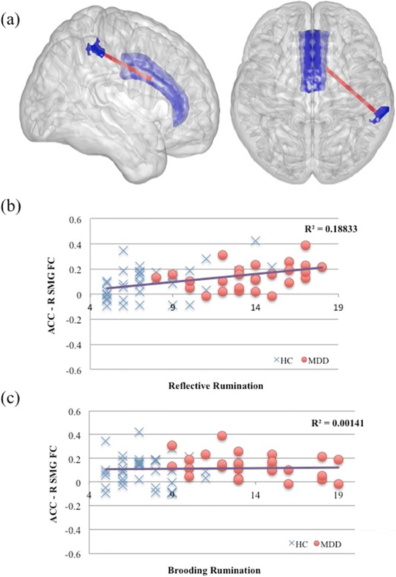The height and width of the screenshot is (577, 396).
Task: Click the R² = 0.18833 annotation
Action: (x=331, y=229)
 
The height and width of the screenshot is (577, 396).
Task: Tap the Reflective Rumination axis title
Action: (x=215, y=386)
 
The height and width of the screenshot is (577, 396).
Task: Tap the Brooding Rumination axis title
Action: (x=214, y=570)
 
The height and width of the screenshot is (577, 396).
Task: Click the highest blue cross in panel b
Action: (x=255, y=241)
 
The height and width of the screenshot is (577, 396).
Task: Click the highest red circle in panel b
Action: (x=306, y=245)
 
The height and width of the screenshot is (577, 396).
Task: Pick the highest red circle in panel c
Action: (x=222, y=436)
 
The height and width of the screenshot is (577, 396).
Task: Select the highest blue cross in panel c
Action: (x=139, y=432)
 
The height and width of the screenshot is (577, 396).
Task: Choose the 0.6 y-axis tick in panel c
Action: (x=75, y=411)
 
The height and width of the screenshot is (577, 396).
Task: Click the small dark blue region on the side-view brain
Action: (x=95, y=48)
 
